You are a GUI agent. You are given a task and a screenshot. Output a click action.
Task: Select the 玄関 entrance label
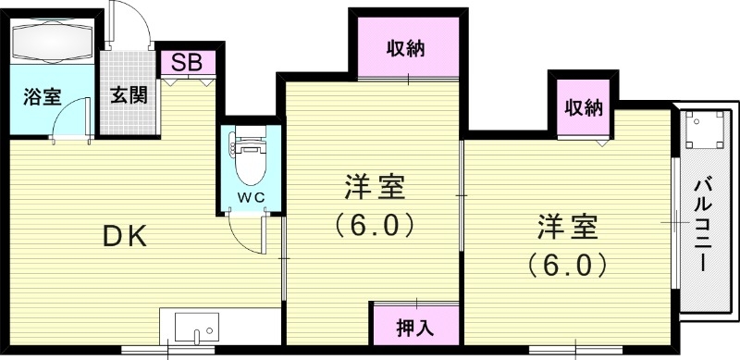click(129, 95)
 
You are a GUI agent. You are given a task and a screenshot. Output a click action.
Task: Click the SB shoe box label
click(189, 63)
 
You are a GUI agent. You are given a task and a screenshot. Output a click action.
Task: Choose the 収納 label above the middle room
click(406, 48)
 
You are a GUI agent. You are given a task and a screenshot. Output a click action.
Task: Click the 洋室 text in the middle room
click(376, 189)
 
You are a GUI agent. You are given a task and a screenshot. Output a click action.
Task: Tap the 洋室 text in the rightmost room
click(568, 227)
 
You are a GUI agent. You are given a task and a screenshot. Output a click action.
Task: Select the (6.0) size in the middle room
click(374, 225)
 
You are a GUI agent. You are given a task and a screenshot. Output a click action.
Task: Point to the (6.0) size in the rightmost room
click(568, 265)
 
